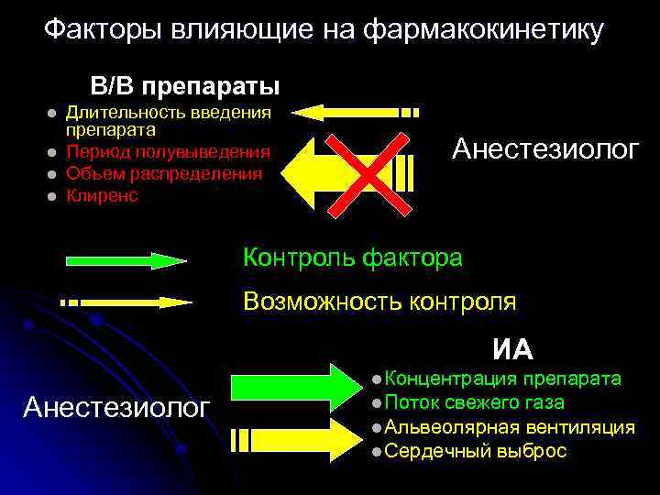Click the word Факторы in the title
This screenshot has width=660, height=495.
point(100,30)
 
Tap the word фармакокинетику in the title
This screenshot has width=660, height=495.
point(483,30)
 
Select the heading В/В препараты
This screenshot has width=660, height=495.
point(184,86)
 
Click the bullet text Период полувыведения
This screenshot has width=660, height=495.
point(169,152)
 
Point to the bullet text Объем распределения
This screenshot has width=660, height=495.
point(164,173)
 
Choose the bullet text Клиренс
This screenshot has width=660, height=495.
point(102,195)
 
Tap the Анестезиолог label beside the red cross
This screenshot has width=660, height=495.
point(545,149)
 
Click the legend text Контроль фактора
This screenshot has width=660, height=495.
point(352,258)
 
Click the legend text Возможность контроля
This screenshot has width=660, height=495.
point(379,301)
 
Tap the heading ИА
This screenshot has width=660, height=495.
point(512,349)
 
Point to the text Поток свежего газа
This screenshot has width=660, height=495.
point(474,402)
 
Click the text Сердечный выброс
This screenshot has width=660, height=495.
point(476,451)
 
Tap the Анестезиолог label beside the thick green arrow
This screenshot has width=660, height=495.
point(115,406)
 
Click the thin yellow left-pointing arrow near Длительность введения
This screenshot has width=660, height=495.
point(357,113)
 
